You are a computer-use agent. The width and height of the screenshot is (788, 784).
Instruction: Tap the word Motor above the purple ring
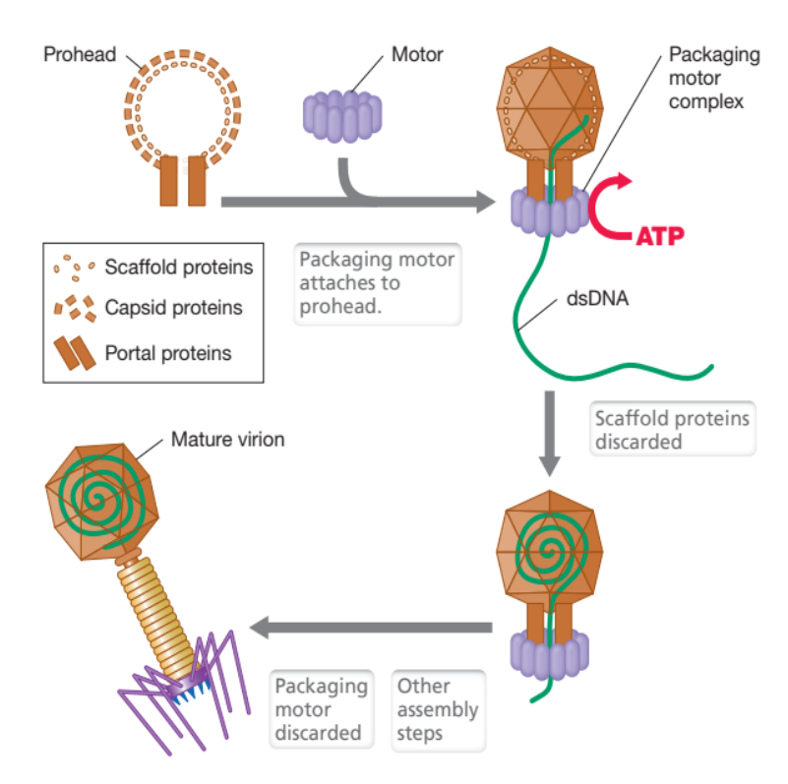417,55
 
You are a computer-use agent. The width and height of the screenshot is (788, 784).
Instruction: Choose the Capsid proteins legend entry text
173,308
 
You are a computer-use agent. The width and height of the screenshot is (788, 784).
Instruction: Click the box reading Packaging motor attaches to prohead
378,282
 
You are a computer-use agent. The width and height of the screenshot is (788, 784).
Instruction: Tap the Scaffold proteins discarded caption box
673,430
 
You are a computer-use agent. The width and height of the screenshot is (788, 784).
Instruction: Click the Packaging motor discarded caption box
321,708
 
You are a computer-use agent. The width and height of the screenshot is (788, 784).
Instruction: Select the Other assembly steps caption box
438,708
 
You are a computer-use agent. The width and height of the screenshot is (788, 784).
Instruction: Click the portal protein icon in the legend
74,351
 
